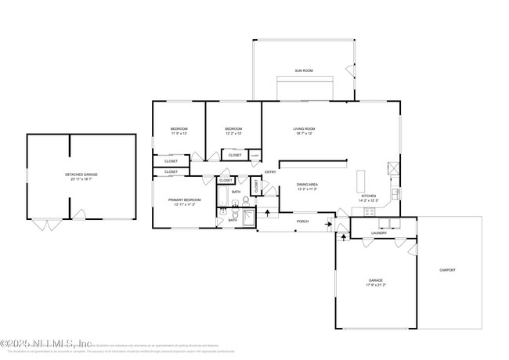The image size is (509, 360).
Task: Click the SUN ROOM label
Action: (x=304, y=70)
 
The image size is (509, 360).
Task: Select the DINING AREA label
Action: (x=307, y=185)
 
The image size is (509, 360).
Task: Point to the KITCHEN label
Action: (x=368, y=196)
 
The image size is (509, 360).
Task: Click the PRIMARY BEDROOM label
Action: (x=185, y=200)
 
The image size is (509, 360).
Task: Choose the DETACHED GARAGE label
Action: (x=81, y=175)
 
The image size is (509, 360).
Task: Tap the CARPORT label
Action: (x=447, y=270)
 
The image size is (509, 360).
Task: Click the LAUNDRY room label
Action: (x=380, y=232)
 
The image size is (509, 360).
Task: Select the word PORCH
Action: (x=302, y=221)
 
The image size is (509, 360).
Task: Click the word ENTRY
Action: (x=270, y=172)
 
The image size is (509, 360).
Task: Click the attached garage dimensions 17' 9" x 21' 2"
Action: (x=376, y=284)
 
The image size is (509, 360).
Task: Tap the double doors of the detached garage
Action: (x=45, y=225)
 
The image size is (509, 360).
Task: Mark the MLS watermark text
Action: (x=47, y=343)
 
